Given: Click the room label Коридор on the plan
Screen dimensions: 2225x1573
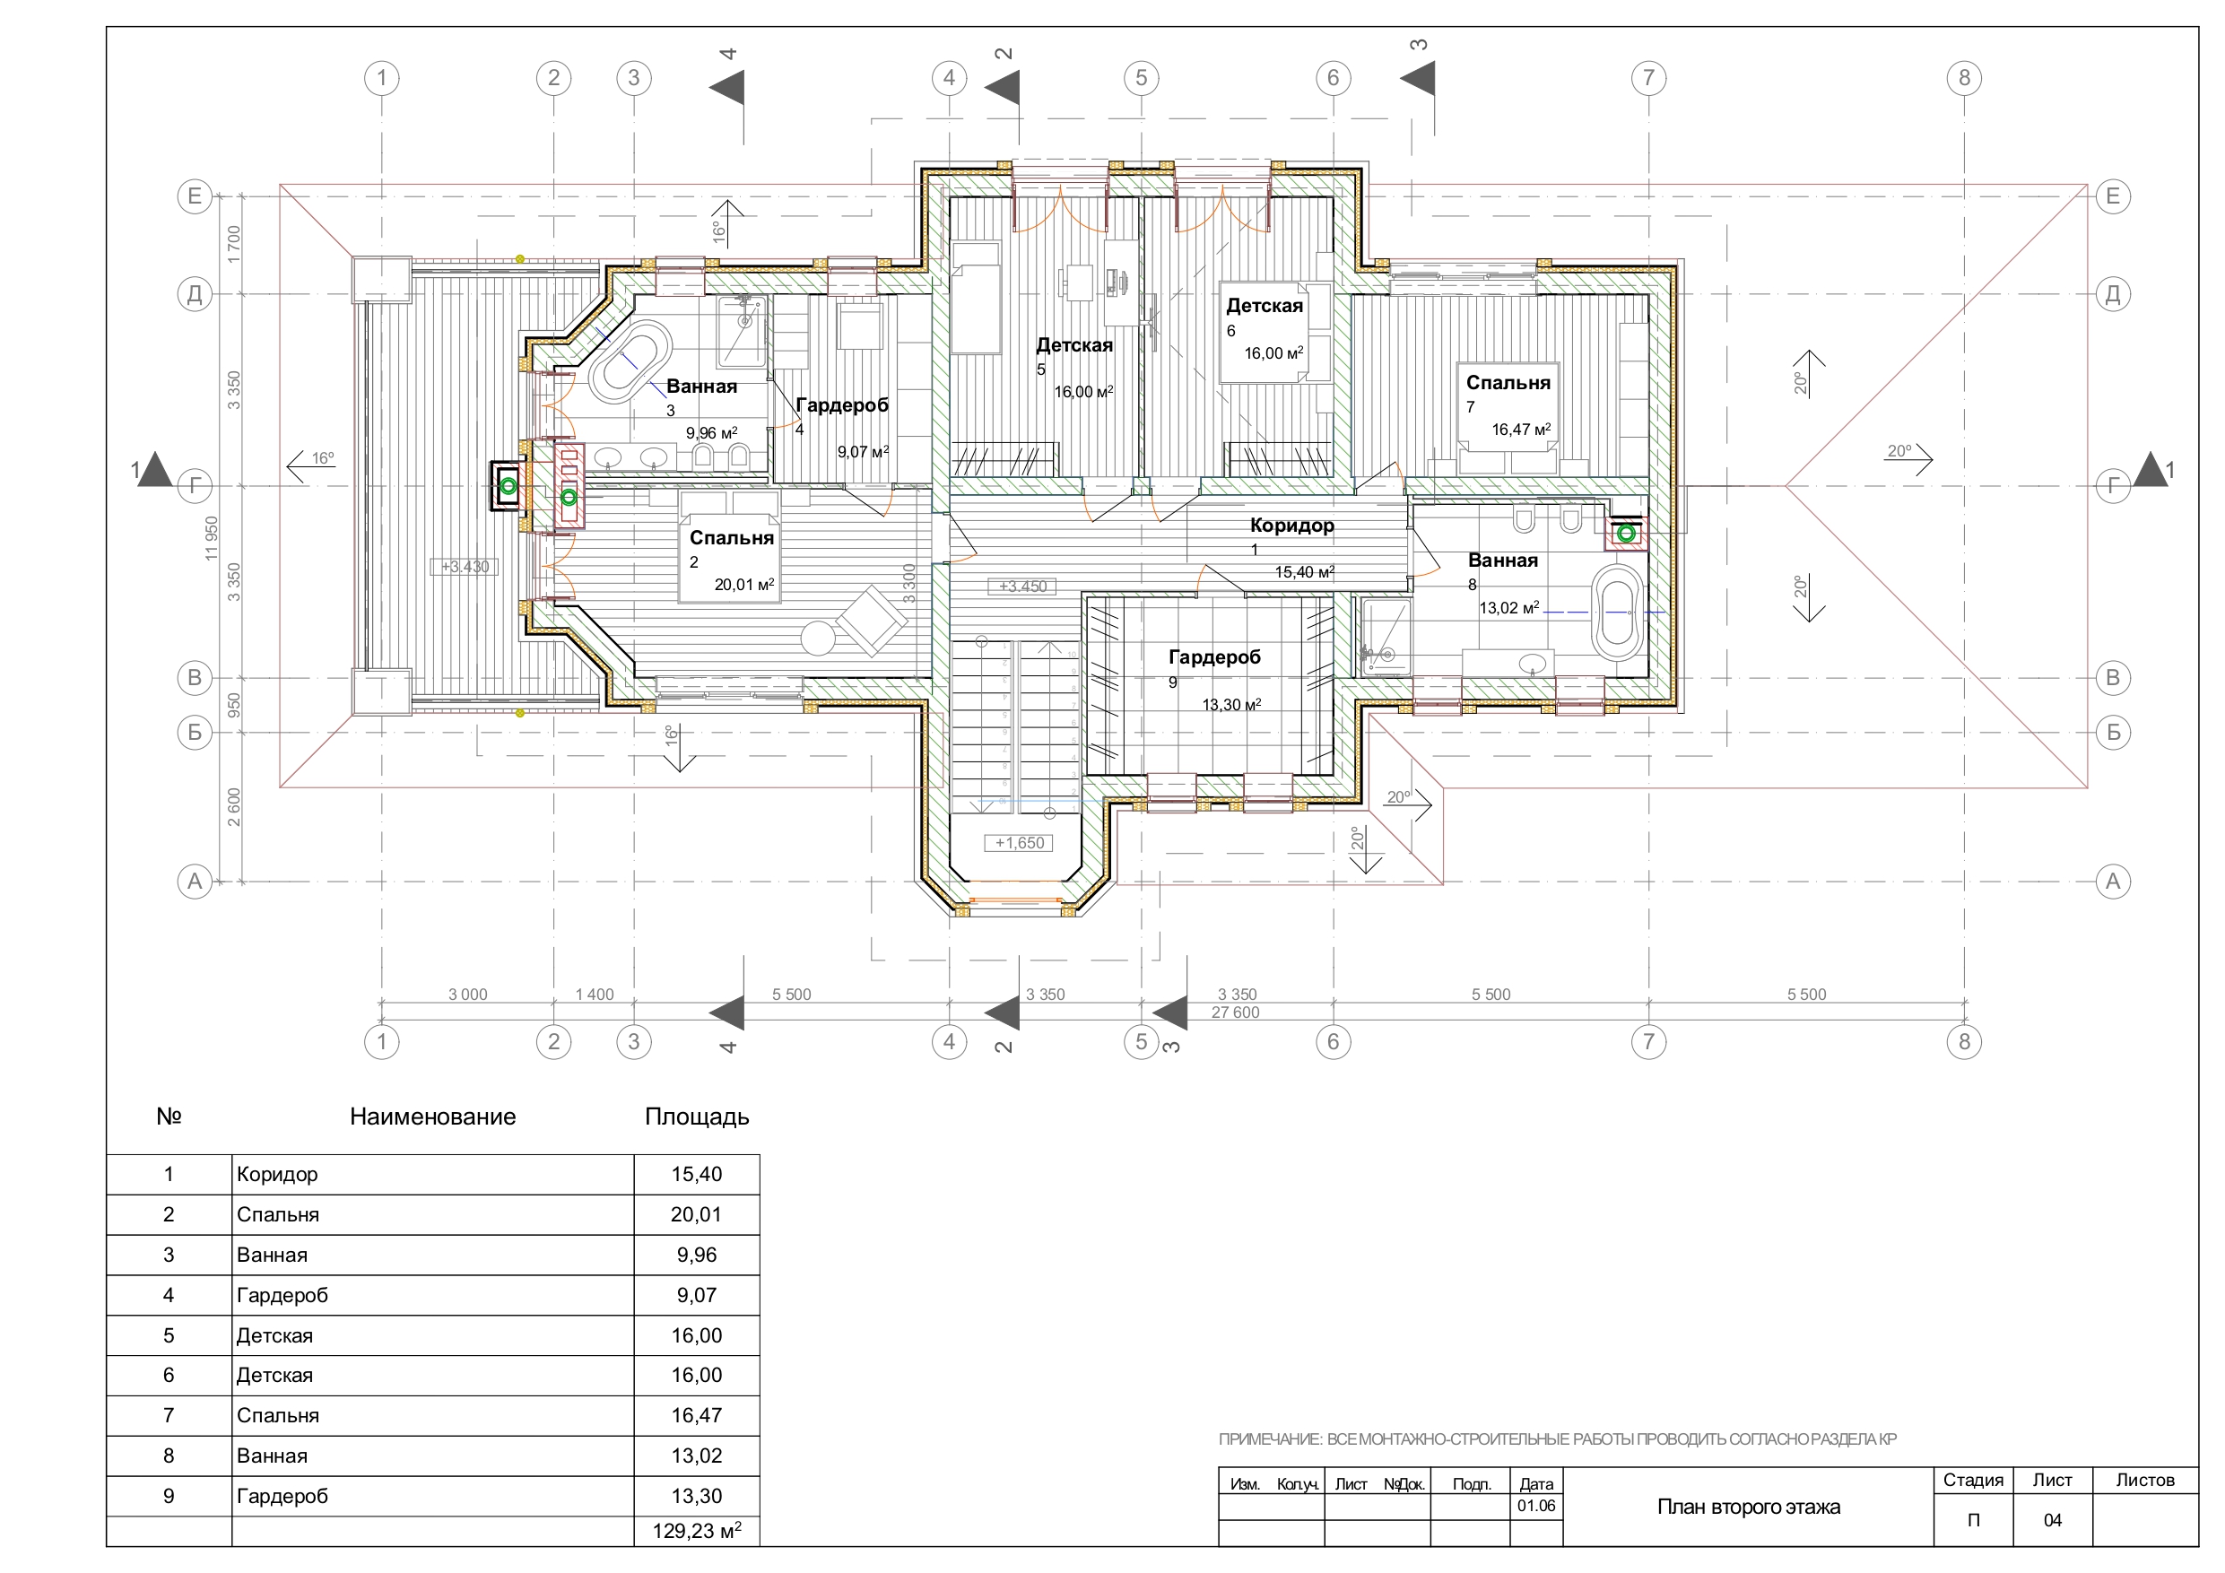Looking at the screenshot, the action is click(x=1291, y=526).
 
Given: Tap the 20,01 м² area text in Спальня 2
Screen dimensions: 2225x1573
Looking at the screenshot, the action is click(x=744, y=585).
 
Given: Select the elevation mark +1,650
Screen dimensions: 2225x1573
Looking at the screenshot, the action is click(x=1020, y=843).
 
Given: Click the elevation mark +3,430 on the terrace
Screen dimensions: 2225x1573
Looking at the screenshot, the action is click(x=465, y=567).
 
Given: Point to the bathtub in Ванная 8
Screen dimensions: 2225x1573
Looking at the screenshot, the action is click(x=1617, y=613).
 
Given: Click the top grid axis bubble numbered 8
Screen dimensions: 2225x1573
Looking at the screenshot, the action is click(x=1963, y=77).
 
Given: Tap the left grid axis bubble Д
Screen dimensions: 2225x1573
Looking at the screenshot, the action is click(x=195, y=293).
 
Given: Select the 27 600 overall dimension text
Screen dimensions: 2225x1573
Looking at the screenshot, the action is click(x=1236, y=1012).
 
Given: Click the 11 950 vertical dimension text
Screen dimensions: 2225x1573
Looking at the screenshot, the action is click(x=212, y=539).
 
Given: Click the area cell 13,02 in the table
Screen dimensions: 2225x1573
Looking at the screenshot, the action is click(x=697, y=1456).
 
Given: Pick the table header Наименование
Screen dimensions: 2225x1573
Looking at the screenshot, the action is click(x=432, y=1117).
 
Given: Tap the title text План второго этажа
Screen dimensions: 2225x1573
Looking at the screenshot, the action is click(x=1748, y=1508).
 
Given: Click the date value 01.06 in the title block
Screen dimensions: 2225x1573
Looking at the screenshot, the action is click(x=1536, y=1506).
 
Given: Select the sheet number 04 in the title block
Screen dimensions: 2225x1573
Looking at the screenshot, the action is click(x=2053, y=1520).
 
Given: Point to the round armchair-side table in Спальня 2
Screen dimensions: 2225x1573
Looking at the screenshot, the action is click(x=818, y=639).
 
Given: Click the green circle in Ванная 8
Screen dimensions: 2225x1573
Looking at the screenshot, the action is click(x=1626, y=533).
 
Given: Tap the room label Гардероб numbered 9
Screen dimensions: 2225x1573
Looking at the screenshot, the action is click(x=1214, y=657).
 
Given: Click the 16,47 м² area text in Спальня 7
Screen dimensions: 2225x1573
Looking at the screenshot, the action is click(x=1520, y=430).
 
